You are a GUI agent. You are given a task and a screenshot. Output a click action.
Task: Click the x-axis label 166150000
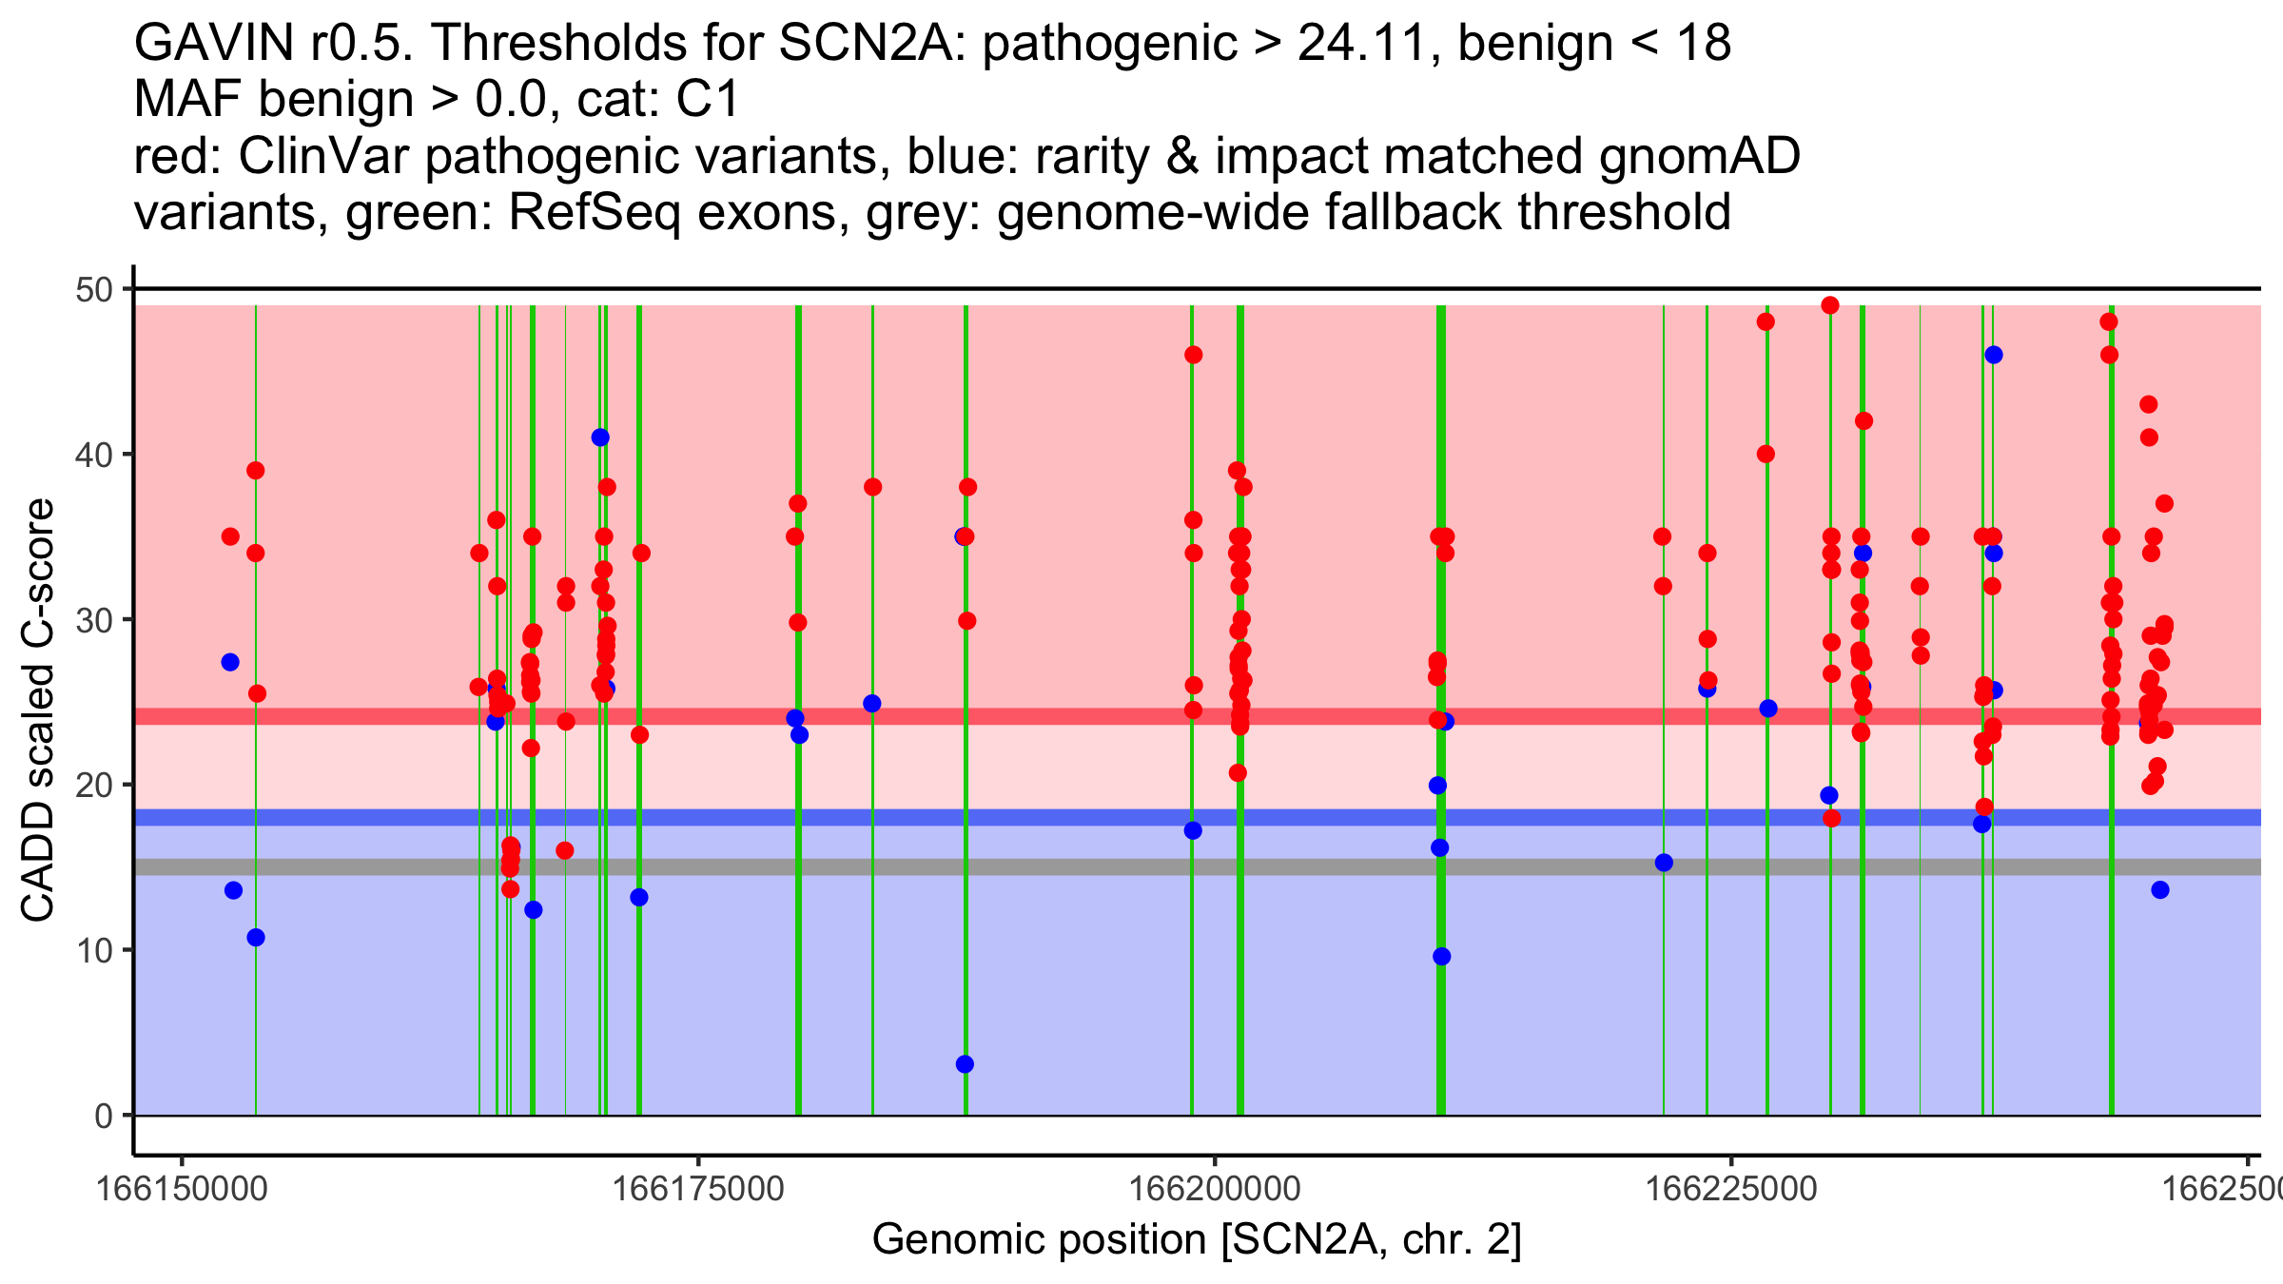(x=182, y=1189)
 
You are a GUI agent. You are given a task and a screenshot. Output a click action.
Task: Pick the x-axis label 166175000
(x=698, y=1189)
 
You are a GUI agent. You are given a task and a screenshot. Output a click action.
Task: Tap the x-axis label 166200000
(x=1215, y=1189)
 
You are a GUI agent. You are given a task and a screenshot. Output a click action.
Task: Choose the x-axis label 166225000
(x=1731, y=1189)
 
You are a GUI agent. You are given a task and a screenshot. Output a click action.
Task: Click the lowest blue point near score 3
(x=965, y=1064)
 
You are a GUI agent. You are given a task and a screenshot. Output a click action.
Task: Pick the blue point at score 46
(x=1994, y=355)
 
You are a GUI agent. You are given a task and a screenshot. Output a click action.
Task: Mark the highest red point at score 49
(x=1830, y=305)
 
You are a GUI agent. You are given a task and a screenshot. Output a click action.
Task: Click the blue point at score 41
(x=600, y=438)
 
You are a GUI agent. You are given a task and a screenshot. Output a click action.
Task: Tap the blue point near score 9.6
(x=1442, y=957)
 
